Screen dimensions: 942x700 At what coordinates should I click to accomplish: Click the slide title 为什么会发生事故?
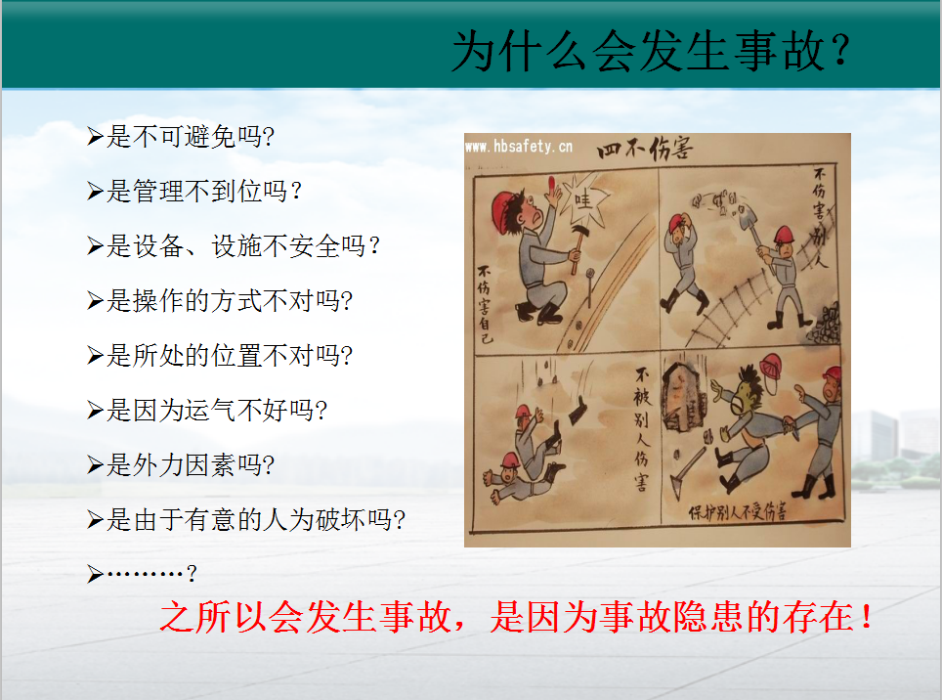pyautogui.click(x=651, y=52)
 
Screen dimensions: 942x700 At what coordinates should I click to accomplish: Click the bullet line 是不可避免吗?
pyautogui.click(x=180, y=137)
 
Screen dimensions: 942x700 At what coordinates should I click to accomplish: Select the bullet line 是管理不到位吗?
pyautogui.click(x=193, y=191)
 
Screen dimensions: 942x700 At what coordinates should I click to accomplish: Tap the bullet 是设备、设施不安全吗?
pyautogui.click(x=234, y=245)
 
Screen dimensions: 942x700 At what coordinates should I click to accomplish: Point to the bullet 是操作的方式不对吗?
pyautogui.click(x=219, y=300)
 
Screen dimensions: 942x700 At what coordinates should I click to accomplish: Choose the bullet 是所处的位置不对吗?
pyautogui.click(x=219, y=355)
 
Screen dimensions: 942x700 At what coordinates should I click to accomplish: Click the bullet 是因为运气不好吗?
pyautogui.click(x=206, y=410)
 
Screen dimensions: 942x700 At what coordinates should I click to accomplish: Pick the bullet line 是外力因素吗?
pyautogui.click(x=180, y=464)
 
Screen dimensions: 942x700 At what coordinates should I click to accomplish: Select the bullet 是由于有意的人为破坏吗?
pyautogui.click(x=245, y=519)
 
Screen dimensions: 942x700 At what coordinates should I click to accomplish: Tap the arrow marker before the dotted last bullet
pyautogui.click(x=95, y=574)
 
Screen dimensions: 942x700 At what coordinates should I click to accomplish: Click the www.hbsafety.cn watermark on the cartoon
pyautogui.click(x=519, y=146)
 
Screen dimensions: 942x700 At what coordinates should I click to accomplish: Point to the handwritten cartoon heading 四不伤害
pyautogui.click(x=645, y=148)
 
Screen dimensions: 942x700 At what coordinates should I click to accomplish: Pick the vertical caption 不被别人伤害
pyautogui.click(x=642, y=430)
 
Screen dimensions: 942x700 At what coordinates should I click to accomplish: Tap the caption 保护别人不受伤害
pyautogui.click(x=737, y=511)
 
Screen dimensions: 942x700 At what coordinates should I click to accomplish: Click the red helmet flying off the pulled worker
pyautogui.click(x=771, y=367)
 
